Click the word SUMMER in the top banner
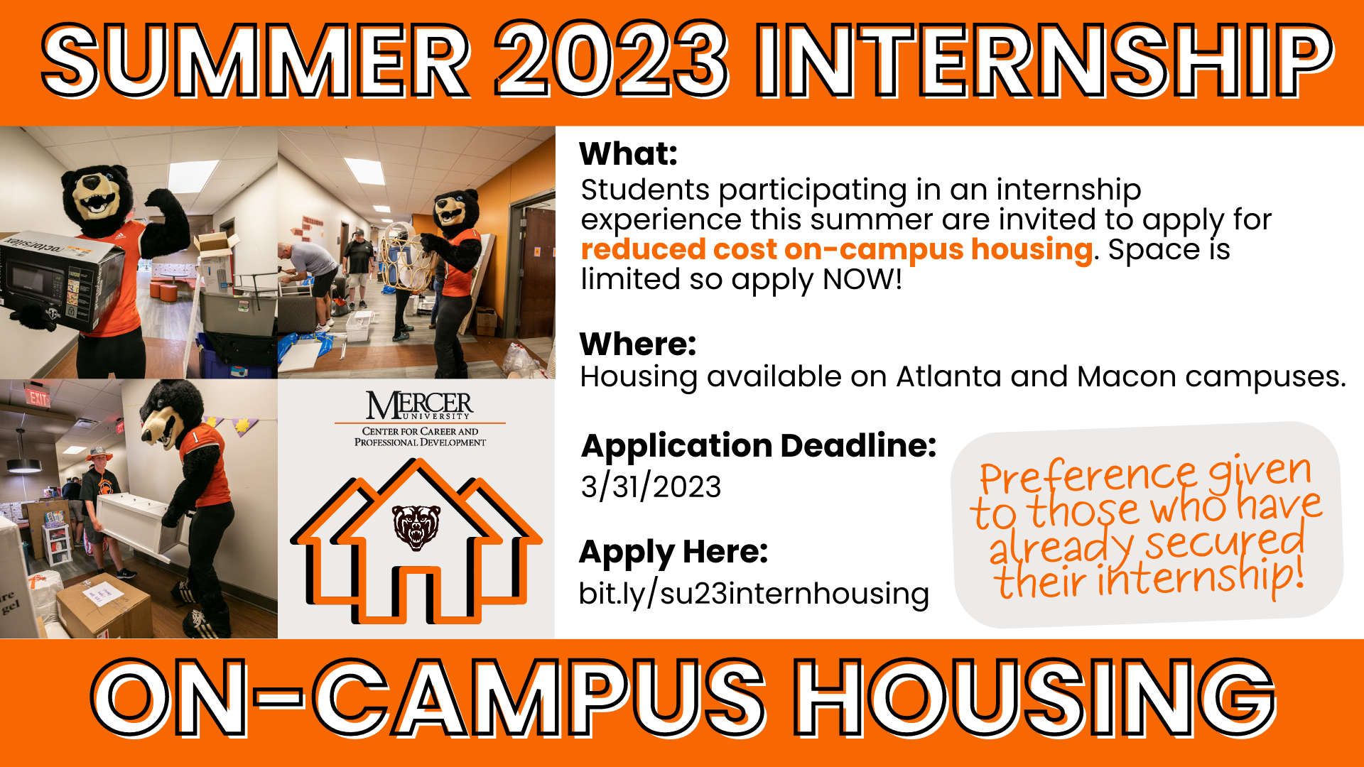256,61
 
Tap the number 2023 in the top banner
612,61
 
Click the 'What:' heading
629,153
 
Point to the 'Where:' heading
638,344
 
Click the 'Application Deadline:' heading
759,447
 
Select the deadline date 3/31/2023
651,487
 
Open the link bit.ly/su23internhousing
754,594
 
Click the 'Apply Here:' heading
673,553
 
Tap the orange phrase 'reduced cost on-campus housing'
836,250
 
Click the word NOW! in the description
862,279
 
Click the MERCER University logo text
420,406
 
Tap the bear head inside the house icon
417,527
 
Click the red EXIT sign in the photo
38,398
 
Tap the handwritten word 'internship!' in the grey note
1201,577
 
